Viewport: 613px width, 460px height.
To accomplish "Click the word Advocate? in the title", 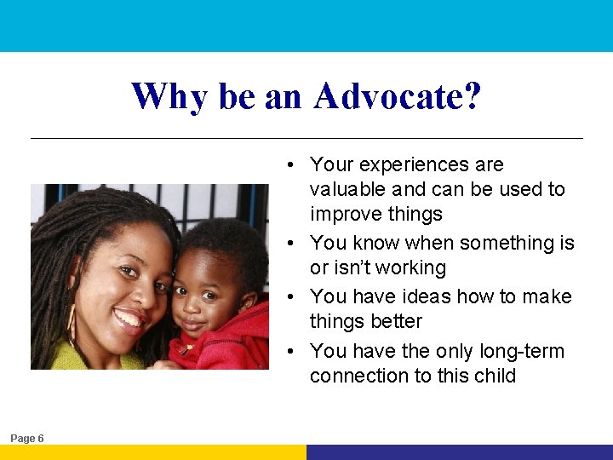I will point(397,96).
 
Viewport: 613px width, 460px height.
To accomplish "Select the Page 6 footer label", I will point(27,438).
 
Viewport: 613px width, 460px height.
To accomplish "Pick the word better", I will point(394,321).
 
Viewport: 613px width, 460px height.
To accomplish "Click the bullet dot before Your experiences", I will point(290,165).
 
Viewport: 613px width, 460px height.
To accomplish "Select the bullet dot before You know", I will point(290,244).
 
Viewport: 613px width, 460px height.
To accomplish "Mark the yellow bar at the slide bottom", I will point(153,452).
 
